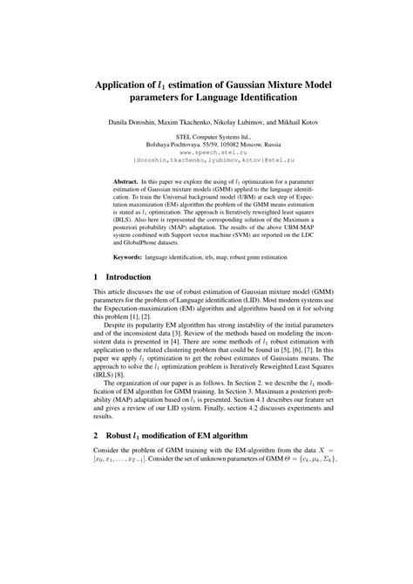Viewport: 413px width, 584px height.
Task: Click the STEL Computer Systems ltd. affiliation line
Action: click(x=206, y=138)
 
